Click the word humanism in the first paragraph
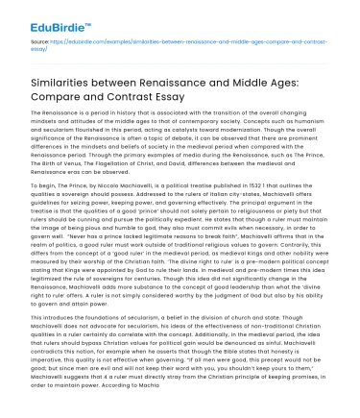click(309, 128)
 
